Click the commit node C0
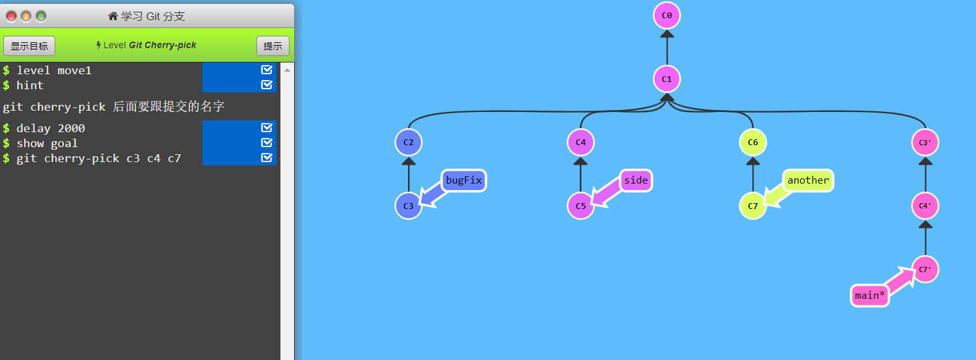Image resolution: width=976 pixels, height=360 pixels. coord(666,15)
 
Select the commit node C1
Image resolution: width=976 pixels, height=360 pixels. coord(666,79)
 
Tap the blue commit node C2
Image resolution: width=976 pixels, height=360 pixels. coord(409,143)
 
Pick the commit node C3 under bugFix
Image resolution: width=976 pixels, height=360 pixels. coord(409,206)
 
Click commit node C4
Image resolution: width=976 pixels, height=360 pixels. coord(580,143)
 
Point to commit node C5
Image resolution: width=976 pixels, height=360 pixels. coord(580,206)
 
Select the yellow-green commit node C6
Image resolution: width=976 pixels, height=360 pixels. coord(753,143)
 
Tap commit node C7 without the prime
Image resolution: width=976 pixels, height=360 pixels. coord(753,206)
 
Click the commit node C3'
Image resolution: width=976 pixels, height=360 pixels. coord(925,143)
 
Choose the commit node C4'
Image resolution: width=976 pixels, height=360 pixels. coord(925,206)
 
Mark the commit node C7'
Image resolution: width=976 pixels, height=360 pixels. coord(925,269)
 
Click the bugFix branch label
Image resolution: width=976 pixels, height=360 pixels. coord(464,180)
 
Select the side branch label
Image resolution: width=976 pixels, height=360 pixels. coord(636,180)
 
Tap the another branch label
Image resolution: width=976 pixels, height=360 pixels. coord(808,180)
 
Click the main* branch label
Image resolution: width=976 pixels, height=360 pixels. coord(870,296)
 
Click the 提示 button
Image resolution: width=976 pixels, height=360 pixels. coord(273,46)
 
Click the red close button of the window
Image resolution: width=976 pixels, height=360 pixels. coord(11,16)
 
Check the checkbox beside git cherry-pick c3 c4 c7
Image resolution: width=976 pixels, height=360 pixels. coord(266,158)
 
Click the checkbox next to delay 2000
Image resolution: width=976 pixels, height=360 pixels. coord(266,128)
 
